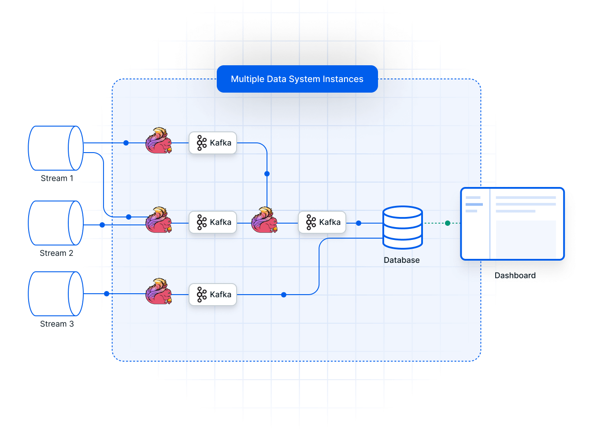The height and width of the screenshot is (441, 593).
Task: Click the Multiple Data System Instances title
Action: point(297,79)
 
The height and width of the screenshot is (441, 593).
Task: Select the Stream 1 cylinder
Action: point(56,148)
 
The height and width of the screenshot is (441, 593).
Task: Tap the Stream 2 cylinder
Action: point(56,223)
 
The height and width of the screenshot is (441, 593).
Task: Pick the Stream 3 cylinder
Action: point(56,294)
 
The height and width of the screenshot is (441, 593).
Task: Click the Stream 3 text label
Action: point(57,324)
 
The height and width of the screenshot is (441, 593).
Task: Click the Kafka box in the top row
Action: point(213,143)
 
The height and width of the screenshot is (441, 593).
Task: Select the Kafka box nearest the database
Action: point(322,222)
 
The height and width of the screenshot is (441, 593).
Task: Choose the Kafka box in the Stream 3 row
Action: point(213,295)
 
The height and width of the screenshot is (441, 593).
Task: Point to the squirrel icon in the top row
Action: point(159,141)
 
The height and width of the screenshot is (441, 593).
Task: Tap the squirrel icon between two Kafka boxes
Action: point(264,220)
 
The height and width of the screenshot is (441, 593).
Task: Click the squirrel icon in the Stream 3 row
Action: point(159,291)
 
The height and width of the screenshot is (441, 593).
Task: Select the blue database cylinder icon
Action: point(403,228)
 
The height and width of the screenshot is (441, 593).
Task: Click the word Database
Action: point(401,260)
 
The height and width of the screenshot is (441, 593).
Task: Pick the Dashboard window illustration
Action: point(512,224)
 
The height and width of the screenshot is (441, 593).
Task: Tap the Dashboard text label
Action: point(515,276)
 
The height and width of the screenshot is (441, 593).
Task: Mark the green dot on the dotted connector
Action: point(448,223)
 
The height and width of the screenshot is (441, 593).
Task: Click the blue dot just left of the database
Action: point(359,223)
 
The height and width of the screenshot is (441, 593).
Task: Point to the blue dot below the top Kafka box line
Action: point(267,174)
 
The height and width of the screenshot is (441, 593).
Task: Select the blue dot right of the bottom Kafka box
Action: point(284,295)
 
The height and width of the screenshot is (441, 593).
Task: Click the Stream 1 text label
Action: point(57,178)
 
